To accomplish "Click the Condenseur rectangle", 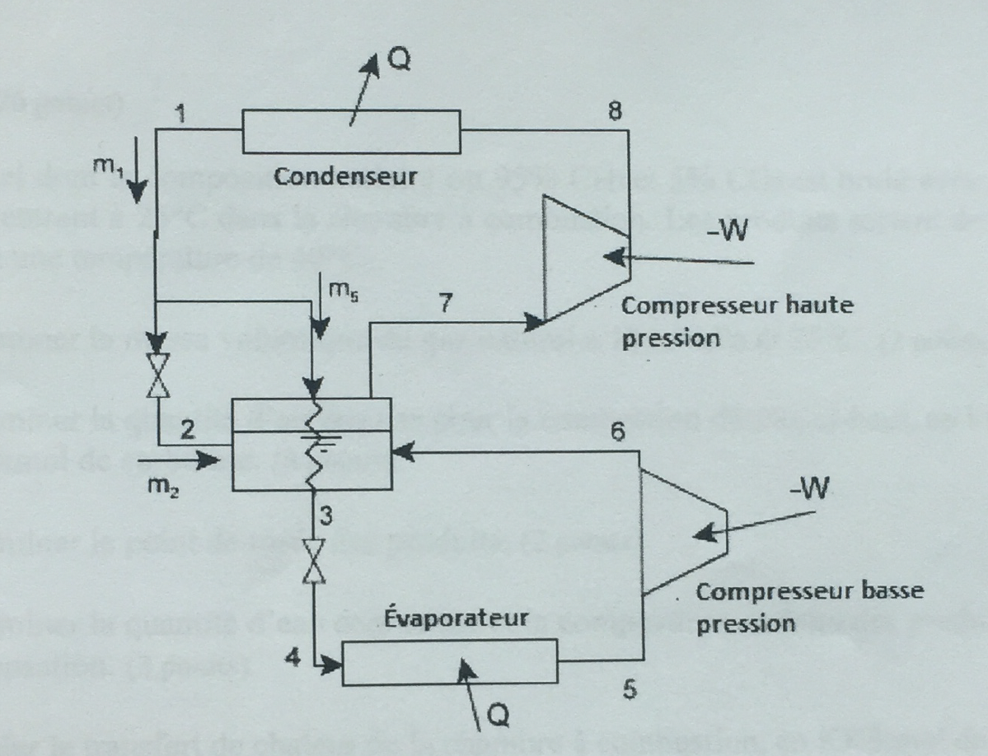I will (350, 132).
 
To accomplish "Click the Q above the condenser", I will (396, 60).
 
